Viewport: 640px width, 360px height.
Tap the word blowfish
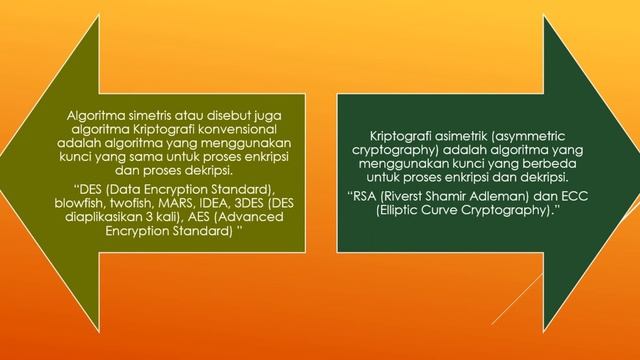pyautogui.click(x=107, y=200)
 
